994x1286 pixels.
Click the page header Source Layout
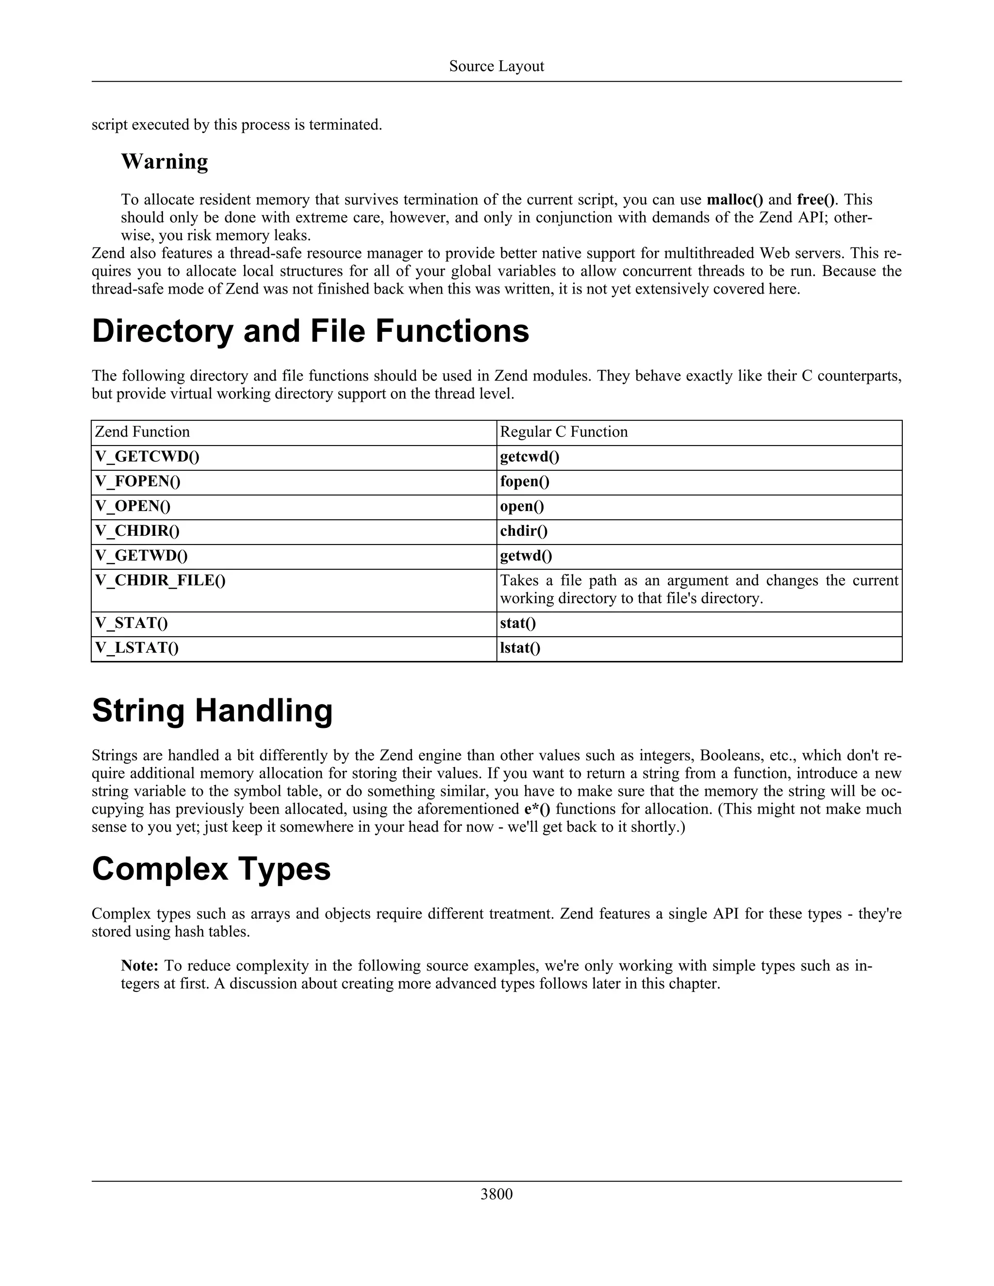pos(497,66)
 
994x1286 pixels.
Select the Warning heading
pos(165,161)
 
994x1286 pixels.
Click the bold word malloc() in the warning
pos(734,199)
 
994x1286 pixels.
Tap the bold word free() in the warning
pos(815,199)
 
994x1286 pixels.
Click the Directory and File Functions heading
pos(310,331)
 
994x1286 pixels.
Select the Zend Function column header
pos(143,432)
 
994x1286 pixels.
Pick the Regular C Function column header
pos(563,432)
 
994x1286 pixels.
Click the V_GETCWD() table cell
pos(147,457)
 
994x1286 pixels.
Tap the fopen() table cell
pos(525,482)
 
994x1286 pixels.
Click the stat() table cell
pos(517,624)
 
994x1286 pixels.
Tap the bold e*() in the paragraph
pos(537,809)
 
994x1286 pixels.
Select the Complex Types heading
pos(211,869)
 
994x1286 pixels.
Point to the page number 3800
pos(497,1194)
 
